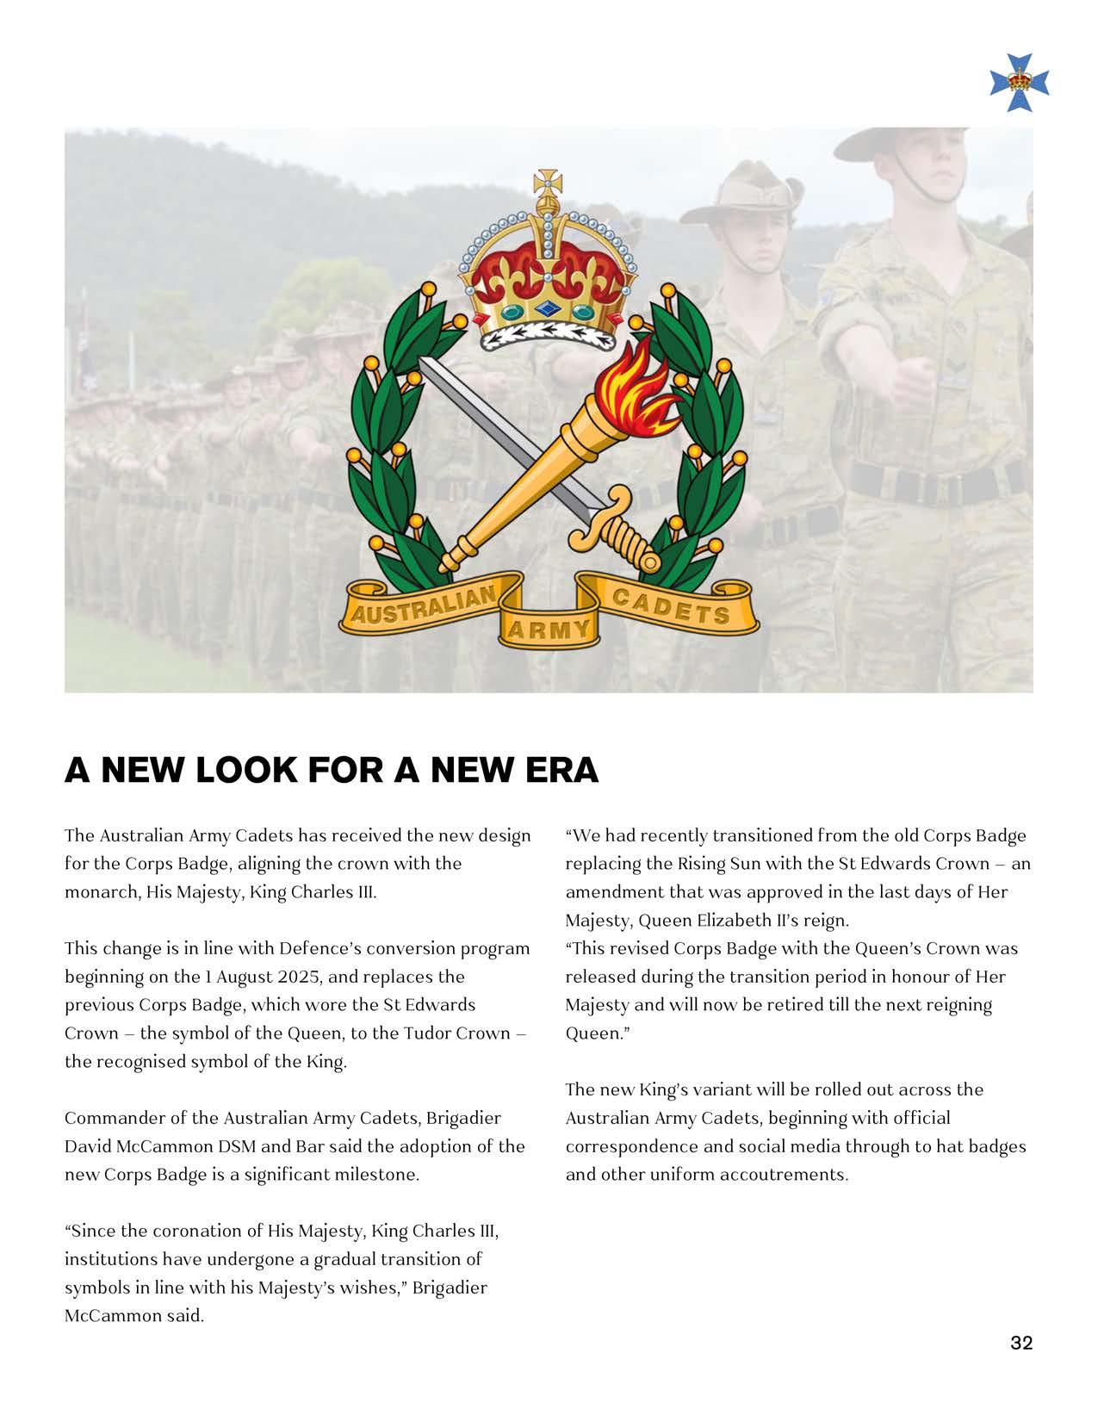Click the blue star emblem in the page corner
pos(1020,83)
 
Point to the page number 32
pos(1021,1343)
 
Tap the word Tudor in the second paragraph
pos(426,1033)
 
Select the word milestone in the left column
pos(378,1176)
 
